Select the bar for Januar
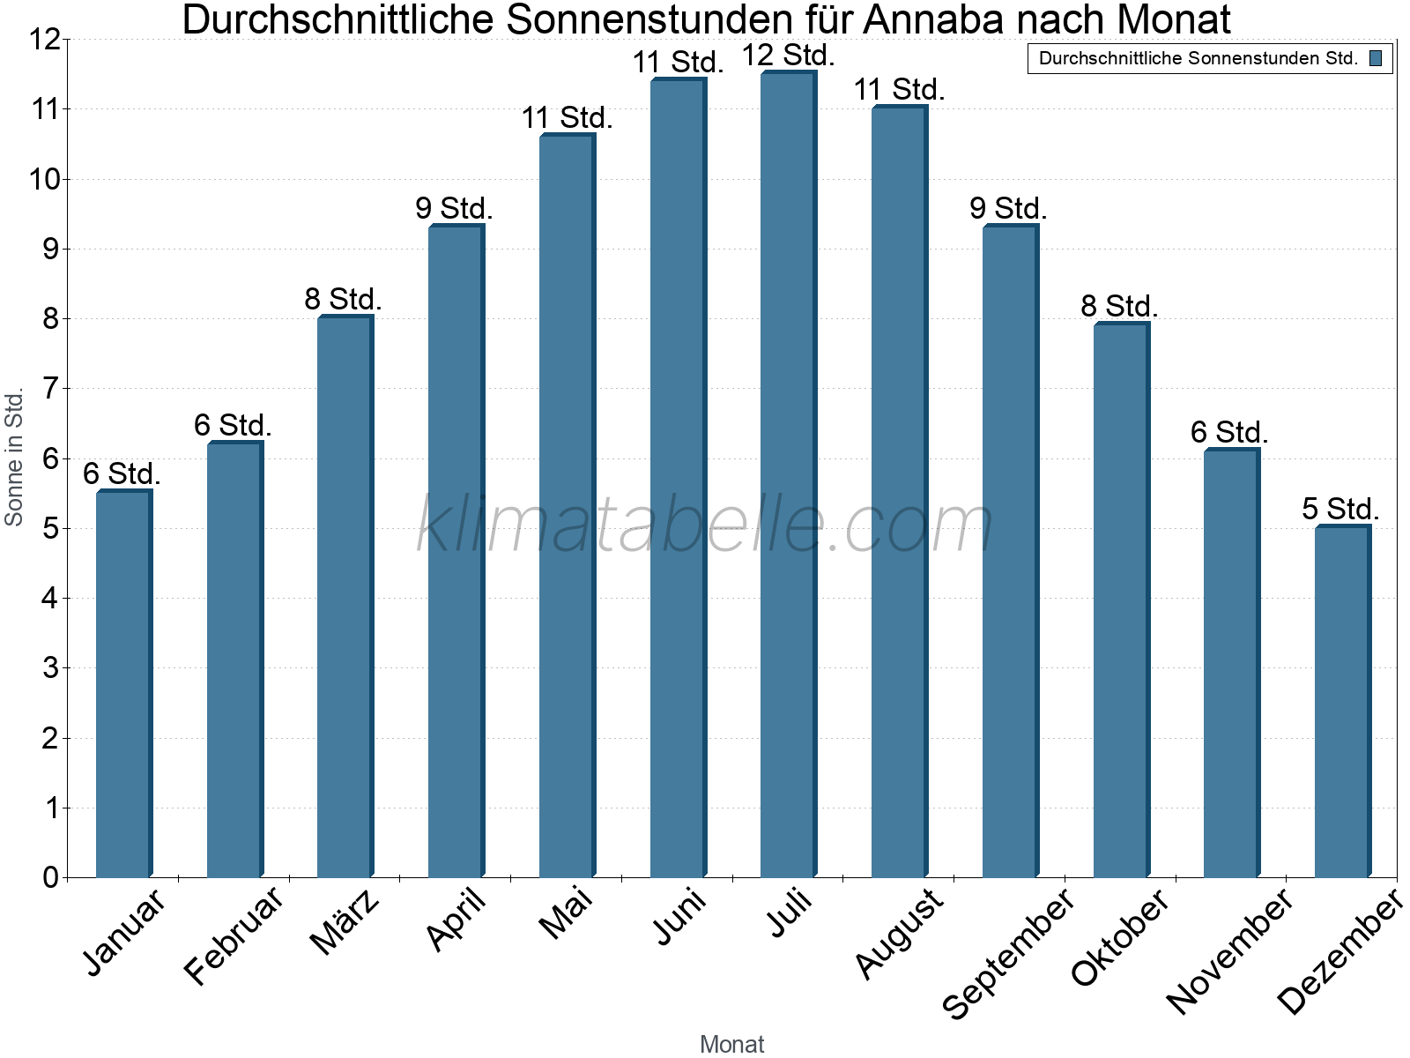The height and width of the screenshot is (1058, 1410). point(123,683)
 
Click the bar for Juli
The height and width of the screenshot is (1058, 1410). point(788,474)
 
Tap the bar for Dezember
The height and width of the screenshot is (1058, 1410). point(1341,701)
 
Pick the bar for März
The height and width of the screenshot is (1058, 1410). point(345,596)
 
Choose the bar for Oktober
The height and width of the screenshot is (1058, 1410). point(1120,600)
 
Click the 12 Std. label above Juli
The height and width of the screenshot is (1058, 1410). point(788,56)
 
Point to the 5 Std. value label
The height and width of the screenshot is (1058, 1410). point(1340,509)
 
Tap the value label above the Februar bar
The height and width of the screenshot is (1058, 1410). point(233,425)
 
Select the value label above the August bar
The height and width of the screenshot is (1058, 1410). point(899,89)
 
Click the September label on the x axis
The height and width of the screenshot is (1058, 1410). point(1008,952)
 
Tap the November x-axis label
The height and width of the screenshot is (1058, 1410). point(1230,950)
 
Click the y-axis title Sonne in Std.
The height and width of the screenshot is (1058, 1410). point(14,458)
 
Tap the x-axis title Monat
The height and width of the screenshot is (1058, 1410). point(731,1044)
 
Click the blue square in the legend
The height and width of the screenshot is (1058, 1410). point(1376,58)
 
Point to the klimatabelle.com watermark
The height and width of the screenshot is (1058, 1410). point(705,525)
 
